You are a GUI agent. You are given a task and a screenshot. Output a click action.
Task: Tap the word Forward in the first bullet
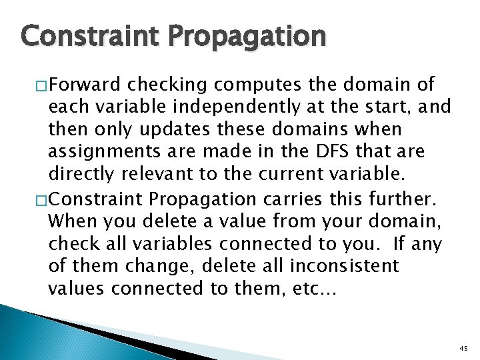[x=85, y=85]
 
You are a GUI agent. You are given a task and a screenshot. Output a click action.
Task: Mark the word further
[x=409, y=198]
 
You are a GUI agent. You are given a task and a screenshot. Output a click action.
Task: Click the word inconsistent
[x=345, y=266]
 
